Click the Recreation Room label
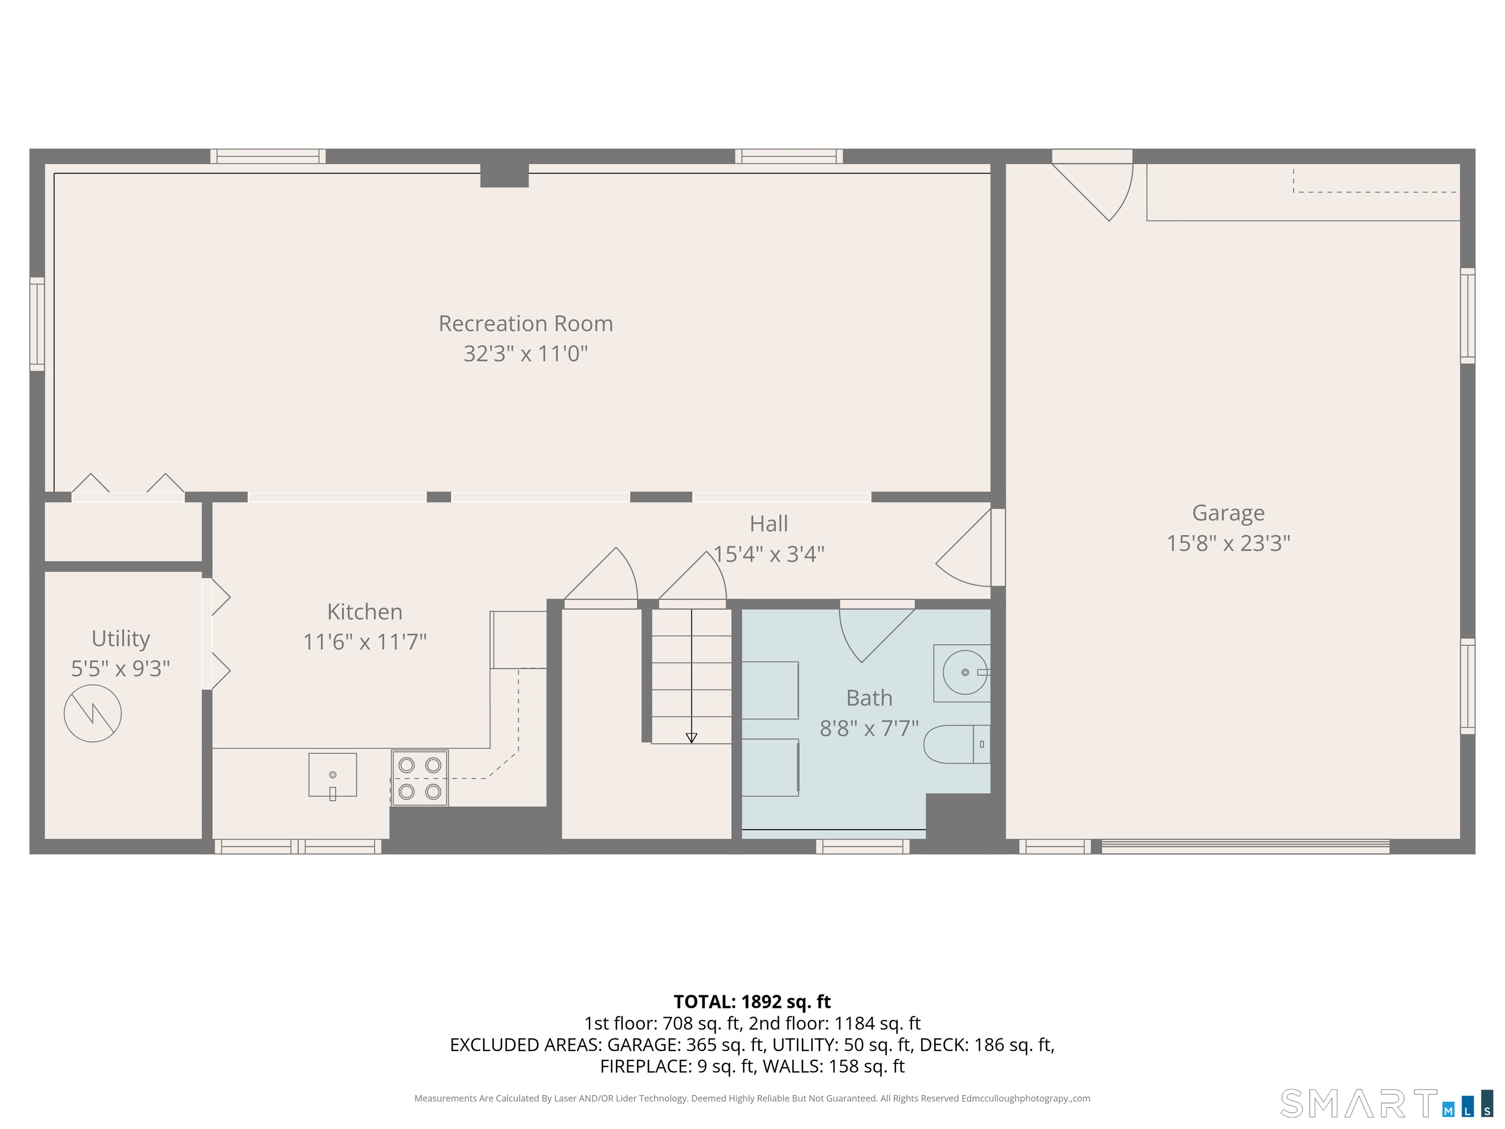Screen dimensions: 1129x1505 [525, 323]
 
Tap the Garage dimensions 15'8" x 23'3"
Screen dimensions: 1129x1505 [1228, 543]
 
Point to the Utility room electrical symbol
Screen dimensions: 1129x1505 [93, 713]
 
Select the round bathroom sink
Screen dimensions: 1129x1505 [964, 672]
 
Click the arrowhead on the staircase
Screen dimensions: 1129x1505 [691, 737]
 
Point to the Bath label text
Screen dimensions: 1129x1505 [869, 698]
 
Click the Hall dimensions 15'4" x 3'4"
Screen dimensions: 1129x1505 [768, 554]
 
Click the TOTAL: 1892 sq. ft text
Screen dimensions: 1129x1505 [752, 1001]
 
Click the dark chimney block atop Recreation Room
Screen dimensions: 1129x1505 [504, 175]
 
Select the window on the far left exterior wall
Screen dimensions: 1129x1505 [37, 324]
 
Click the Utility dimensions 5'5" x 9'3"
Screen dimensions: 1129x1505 [121, 668]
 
